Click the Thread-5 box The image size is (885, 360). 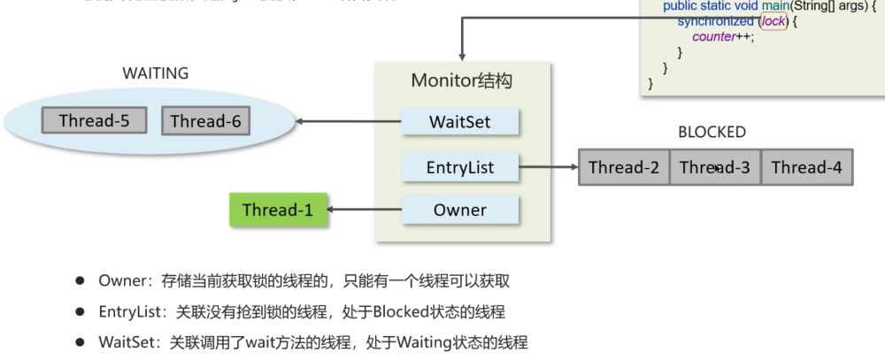point(95,120)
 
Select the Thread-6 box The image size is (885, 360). point(205,120)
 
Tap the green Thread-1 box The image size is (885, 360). point(275,210)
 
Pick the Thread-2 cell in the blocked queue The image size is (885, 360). point(624,166)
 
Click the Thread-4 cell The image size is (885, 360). point(806,166)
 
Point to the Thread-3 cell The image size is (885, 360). point(714,166)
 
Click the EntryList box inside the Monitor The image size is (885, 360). point(459,165)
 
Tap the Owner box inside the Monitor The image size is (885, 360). point(459,210)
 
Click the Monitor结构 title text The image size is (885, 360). point(462,80)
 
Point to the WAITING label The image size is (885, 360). point(155,73)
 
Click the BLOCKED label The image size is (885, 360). point(712,133)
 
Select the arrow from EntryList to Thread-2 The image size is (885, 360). point(549,165)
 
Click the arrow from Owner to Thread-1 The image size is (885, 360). point(362,210)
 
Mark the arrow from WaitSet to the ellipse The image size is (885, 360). point(349,120)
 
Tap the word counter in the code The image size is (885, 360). point(714,36)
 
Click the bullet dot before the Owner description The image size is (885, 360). point(80,280)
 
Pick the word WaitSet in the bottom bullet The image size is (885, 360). point(127,342)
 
